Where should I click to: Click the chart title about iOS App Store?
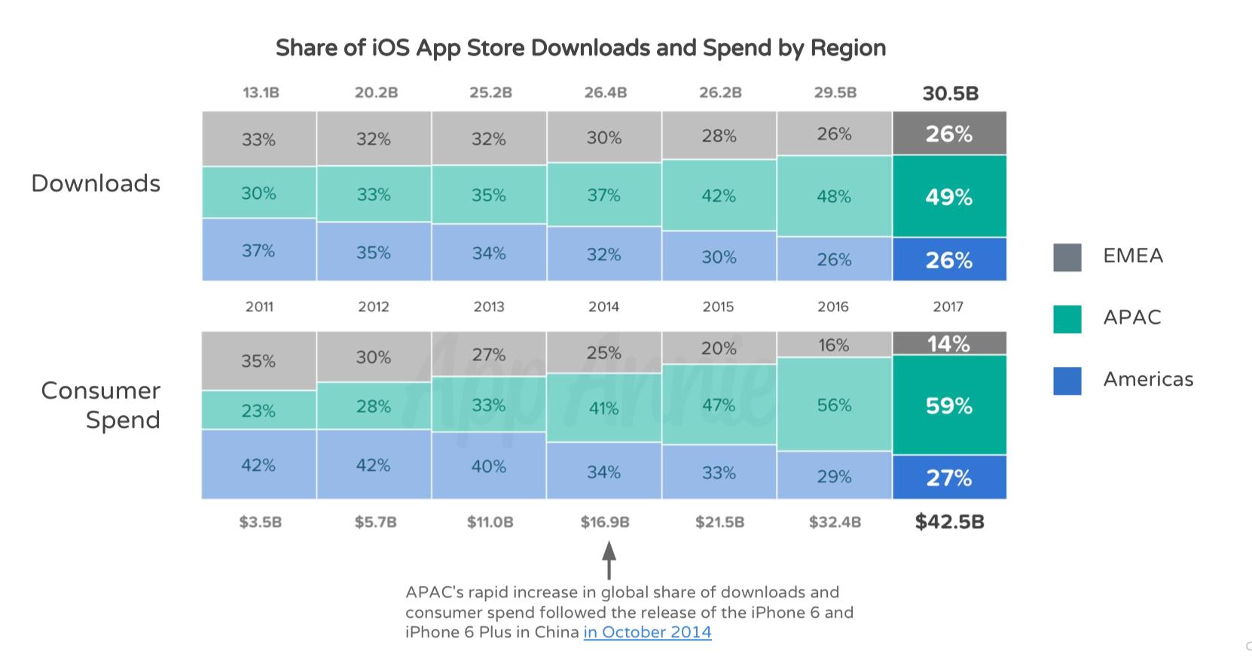[x=580, y=47]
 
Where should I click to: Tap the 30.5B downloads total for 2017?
[x=950, y=93]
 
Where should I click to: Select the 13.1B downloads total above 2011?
[x=261, y=93]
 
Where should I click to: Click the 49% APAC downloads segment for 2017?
[x=949, y=197]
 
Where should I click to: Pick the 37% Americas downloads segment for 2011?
[x=258, y=250]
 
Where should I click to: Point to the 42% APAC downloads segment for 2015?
[x=719, y=196]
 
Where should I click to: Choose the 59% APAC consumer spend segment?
[x=949, y=406]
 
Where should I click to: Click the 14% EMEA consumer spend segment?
[x=949, y=344]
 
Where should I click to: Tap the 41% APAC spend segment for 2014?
[x=603, y=408]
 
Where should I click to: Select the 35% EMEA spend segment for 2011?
[x=258, y=361]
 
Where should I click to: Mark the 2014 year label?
[x=603, y=307]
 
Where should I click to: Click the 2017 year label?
[x=948, y=307]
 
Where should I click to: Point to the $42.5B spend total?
[x=949, y=521]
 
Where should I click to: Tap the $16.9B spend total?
[x=605, y=521]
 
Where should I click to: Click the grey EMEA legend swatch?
[x=1067, y=257]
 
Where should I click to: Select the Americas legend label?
[x=1148, y=379]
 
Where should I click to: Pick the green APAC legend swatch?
[x=1067, y=319]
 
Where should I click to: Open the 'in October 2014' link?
[x=647, y=631]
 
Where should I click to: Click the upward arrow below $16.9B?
[x=609, y=561]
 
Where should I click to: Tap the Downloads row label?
[x=96, y=183]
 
